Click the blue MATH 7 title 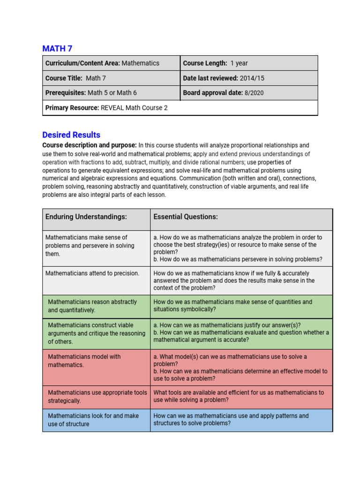click(57, 48)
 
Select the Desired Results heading click(71, 135)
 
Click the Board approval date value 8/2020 click(254, 93)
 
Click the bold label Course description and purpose click(90, 145)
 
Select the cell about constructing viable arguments click(97, 333)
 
